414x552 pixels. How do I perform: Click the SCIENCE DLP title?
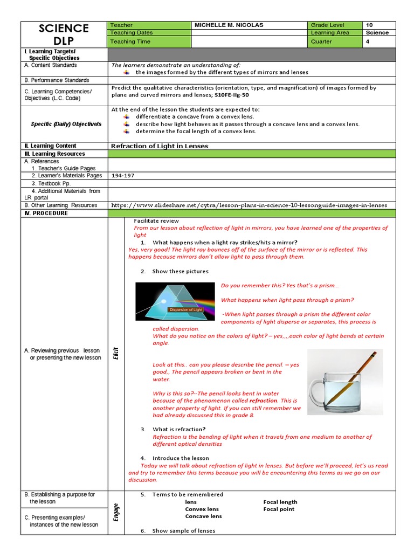coord(64,34)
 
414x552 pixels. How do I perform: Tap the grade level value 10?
coord(369,25)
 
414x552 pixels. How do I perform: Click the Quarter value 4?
coord(368,41)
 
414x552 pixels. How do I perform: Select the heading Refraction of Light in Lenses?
coord(160,146)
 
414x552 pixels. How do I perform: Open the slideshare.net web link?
coord(249,205)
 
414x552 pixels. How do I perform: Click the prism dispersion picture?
coord(175,301)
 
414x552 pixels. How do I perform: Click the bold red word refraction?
coord(263,401)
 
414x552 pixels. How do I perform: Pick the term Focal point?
coord(279,509)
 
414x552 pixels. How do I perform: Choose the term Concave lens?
coord(203,516)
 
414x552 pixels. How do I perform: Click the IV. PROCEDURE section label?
coord(46,213)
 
